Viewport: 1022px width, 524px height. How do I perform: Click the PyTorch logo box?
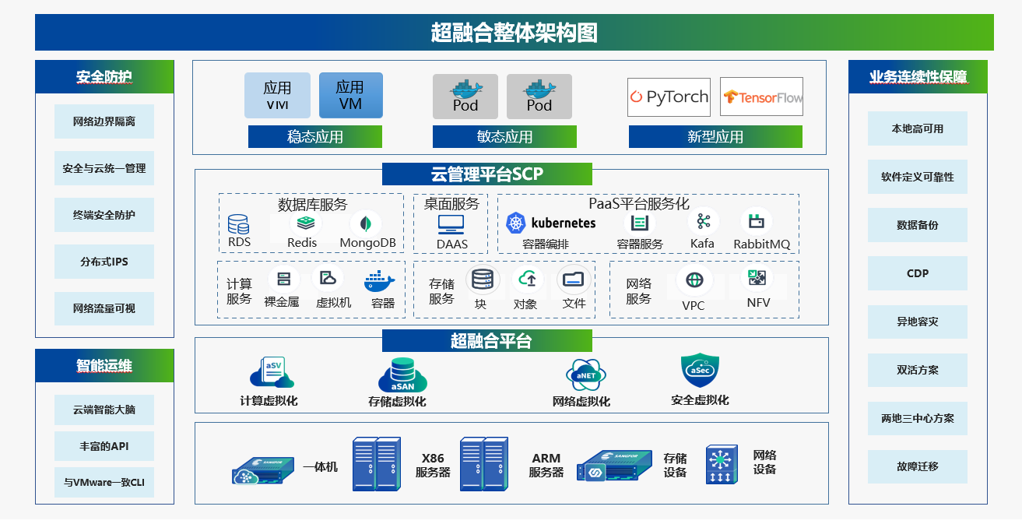(669, 97)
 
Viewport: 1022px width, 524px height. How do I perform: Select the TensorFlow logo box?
(761, 97)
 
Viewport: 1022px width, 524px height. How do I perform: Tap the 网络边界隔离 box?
(104, 121)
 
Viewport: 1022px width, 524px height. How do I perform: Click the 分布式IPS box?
(104, 262)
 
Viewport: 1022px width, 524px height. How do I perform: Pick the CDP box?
(917, 273)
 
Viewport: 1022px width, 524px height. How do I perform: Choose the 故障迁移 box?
(917, 466)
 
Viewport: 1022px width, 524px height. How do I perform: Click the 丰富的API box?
(104, 446)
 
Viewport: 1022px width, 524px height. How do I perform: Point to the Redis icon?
(302, 223)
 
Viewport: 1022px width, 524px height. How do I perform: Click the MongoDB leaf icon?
(365, 223)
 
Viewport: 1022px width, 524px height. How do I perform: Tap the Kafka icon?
(704, 222)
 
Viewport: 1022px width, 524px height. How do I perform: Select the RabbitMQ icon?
(756, 222)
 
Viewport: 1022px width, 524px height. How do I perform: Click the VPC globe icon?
(694, 280)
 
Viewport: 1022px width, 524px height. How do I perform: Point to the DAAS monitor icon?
(451, 224)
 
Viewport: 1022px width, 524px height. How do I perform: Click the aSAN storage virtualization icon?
(402, 375)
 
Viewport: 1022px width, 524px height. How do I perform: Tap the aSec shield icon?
(699, 371)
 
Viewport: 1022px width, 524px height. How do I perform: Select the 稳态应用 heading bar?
(314, 137)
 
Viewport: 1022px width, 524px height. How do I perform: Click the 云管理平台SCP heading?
(486, 174)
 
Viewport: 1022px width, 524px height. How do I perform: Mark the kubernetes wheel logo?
(516, 223)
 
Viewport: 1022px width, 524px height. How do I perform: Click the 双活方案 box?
(917, 370)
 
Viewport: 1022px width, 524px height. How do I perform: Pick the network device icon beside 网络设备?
(722, 465)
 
